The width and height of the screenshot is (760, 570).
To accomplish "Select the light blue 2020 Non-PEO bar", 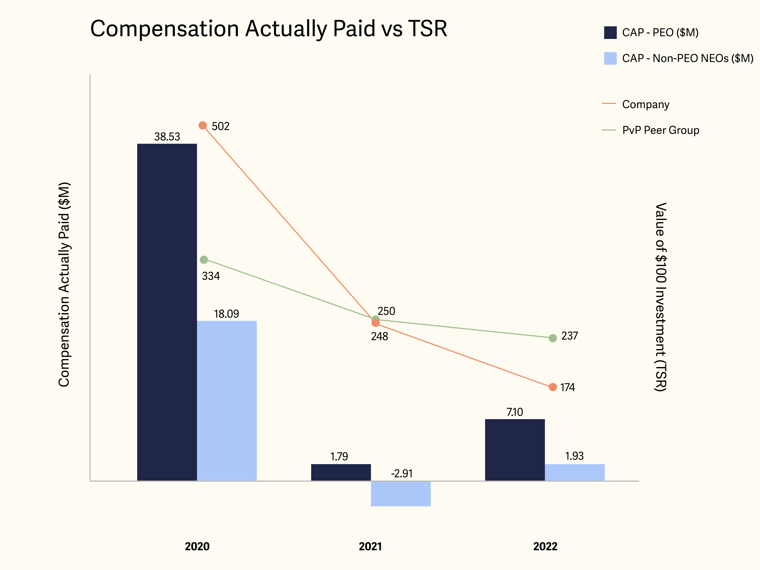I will pyautogui.click(x=227, y=400).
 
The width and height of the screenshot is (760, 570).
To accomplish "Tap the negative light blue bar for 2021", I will pyautogui.click(x=401, y=493).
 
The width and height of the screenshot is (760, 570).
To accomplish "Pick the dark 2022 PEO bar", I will pyautogui.click(x=515, y=450).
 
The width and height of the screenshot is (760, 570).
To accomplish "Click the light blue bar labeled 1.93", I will pyautogui.click(x=575, y=472).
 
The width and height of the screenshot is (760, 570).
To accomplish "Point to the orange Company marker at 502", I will pyautogui.click(x=203, y=125).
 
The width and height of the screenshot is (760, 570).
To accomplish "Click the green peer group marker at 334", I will pyautogui.click(x=204, y=260).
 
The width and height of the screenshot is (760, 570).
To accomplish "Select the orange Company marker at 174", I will pyautogui.click(x=553, y=387).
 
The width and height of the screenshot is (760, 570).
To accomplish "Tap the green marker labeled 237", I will pyautogui.click(x=553, y=338).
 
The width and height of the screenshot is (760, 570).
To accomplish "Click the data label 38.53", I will pyautogui.click(x=167, y=137).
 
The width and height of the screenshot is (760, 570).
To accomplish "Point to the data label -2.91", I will pyautogui.click(x=402, y=473).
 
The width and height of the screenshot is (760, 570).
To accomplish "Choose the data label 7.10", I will pyautogui.click(x=515, y=412).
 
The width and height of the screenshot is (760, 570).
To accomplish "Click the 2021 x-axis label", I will pyautogui.click(x=370, y=546).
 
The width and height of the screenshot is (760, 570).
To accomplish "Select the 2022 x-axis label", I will pyautogui.click(x=545, y=546).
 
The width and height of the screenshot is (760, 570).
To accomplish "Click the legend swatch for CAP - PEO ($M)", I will pyautogui.click(x=610, y=33).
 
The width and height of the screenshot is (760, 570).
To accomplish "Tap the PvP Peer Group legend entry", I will pyautogui.click(x=660, y=130).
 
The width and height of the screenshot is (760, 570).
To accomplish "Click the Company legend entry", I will pyautogui.click(x=645, y=104).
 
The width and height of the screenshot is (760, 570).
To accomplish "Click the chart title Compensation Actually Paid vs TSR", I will pyautogui.click(x=268, y=29).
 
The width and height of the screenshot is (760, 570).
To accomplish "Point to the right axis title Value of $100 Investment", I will pyautogui.click(x=660, y=297).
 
